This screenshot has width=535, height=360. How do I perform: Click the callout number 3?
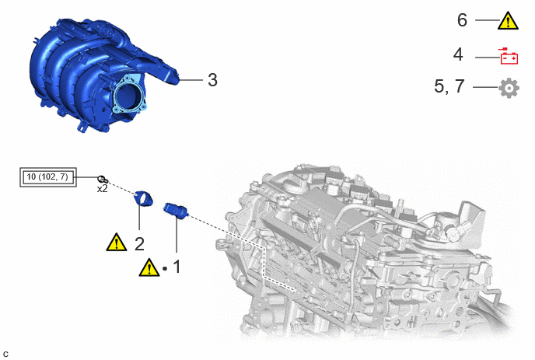point(212,80)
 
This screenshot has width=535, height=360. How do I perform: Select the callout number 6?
point(462,20)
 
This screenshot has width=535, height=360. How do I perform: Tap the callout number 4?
point(458,54)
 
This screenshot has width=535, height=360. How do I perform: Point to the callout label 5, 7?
point(449,86)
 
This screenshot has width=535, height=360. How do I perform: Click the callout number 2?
point(139,244)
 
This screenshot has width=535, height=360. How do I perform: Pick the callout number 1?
point(177,267)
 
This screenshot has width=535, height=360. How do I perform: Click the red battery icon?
point(509,56)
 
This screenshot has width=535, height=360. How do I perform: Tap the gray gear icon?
point(509,88)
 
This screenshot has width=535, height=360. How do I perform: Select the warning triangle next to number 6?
point(508,21)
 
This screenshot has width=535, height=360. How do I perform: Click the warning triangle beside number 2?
point(117,243)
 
